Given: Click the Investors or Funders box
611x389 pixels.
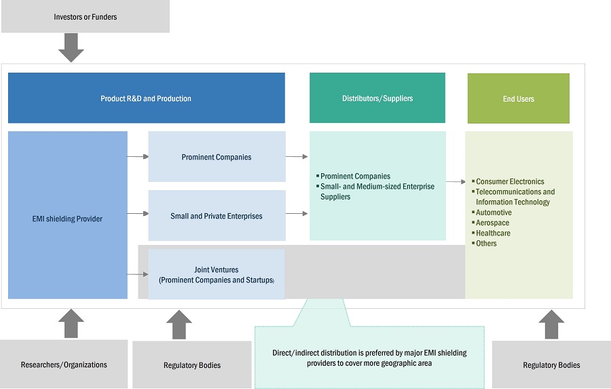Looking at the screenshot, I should pos(85,17).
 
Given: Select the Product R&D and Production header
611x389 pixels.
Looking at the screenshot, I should pos(146,98).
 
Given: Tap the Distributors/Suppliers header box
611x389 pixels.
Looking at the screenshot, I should pos(377,98).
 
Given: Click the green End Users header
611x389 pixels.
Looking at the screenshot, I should pos(518,99).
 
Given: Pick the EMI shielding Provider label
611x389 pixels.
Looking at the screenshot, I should pos(67,219).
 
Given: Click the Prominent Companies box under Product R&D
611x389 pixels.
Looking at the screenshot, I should pos(217,158).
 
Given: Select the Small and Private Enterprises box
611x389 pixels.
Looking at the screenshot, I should pos(217,216).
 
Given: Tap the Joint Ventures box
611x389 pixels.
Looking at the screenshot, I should pos(217,274).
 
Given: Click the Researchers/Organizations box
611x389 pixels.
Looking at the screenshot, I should pos(64,365).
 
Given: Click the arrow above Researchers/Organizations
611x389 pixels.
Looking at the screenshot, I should pos(71,324).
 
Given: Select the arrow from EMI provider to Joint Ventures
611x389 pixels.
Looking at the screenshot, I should pos(137,274).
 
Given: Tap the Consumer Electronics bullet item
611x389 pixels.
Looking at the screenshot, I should pos(510,182).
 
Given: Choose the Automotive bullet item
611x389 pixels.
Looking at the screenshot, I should pos(494,212).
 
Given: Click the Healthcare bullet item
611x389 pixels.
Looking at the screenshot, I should pos(493,233).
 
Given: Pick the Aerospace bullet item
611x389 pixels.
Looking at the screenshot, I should pos(492,223).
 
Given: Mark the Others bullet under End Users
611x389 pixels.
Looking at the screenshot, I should pos(486,243).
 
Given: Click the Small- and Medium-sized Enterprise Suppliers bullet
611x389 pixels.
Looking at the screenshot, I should pos(377,191).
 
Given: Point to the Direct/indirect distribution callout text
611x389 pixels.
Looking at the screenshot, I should pos(369,358).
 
